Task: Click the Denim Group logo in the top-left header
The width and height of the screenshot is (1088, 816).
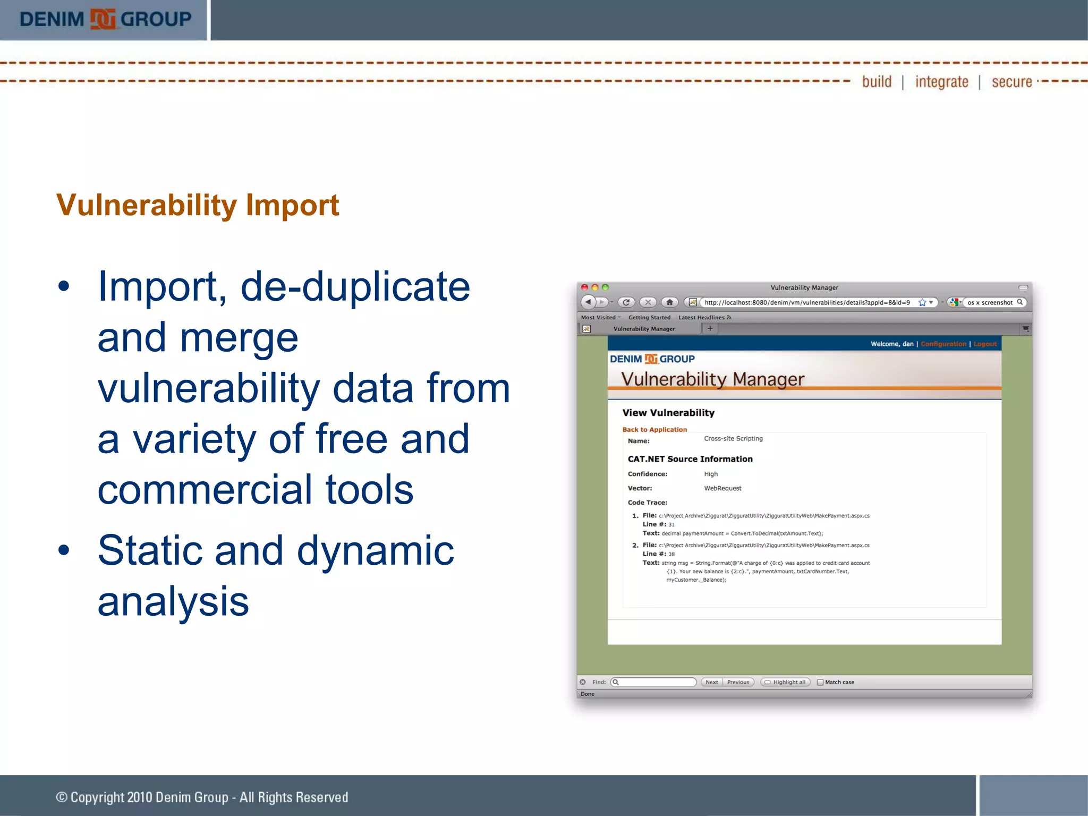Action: pyautogui.click(x=105, y=19)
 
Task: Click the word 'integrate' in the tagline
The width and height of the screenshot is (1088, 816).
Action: pyautogui.click(x=941, y=82)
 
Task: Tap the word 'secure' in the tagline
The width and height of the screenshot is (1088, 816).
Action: pyautogui.click(x=1011, y=82)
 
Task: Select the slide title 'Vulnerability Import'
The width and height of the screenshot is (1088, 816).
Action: pyautogui.click(x=198, y=205)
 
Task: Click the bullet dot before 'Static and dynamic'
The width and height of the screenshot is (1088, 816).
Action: pyautogui.click(x=64, y=550)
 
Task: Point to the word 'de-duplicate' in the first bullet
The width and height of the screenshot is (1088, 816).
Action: pyautogui.click(x=355, y=287)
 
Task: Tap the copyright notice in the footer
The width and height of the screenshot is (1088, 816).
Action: pyautogui.click(x=202, y=797)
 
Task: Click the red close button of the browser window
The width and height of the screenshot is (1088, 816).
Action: pyautogui.click(x=584, y=287)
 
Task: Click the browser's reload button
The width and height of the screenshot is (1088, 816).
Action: pyautogui.click(x=626, y=302)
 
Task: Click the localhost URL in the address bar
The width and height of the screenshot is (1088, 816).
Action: pyautogui.click(x=806, y=303)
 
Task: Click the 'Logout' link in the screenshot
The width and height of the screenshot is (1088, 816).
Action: pyautogui.click(x=985, y=344)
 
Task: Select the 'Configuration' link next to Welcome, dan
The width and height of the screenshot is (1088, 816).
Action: pyautogui.click(x=943, y=344)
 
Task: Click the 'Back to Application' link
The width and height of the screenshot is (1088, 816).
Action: pyautogui.click(x=654, y=430)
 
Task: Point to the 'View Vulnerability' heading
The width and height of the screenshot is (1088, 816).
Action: pyautogui.click(x=668, y=413)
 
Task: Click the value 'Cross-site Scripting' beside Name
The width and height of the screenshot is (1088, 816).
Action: pyautogui.click(x=733, y=439)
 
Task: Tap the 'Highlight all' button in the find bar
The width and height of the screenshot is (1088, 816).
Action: pyautogui.click(x=786, y=682)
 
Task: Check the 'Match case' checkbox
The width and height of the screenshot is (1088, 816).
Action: pyautogui.click(x=820, y=682)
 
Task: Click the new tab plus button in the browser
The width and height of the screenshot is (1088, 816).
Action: pyautogui.click(x=710, y=328)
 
